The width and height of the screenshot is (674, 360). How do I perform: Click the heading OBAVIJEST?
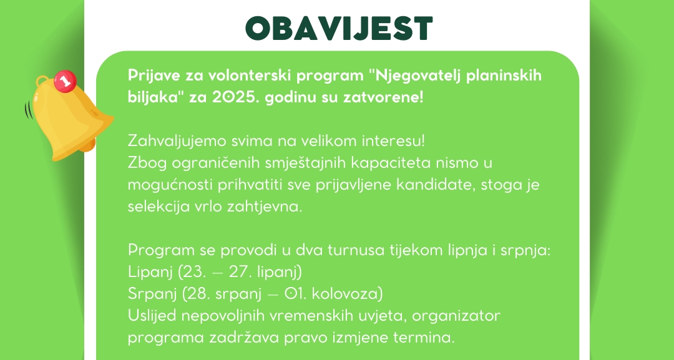339,28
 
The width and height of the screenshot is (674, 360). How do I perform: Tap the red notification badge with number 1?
66,80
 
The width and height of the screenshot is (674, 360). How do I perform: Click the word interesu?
393,141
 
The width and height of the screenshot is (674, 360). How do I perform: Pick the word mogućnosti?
170,185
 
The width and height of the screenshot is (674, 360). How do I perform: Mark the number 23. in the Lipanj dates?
195,272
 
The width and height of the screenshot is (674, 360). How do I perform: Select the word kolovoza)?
347,294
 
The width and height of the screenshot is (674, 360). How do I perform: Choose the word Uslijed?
152,316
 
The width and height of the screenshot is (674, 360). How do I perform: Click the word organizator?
456,316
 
